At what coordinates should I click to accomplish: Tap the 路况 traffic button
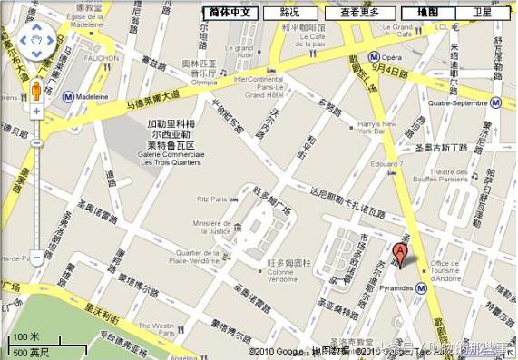pyautogui.click(x=289, y=13)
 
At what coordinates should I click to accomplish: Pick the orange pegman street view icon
pyautogui.click(x=36, y=92)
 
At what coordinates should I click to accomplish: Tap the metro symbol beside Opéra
pyautogui.click(x=373, y=56)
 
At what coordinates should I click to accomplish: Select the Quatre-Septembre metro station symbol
pyautogui.click(x=495, y=102)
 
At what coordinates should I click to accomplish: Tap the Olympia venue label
pyautogui.click(x=203, y=80)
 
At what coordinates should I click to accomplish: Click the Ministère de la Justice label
pyautogui.click(x=213, y=227)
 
